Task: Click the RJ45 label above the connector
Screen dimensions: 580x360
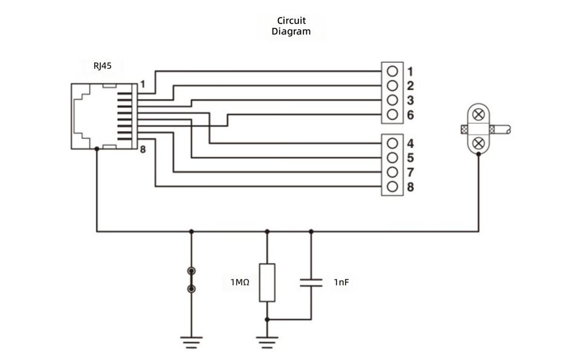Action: tap(102, 66)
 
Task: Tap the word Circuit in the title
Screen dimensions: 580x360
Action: tap(291, 21)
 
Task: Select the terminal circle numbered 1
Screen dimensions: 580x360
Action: tap(392, 71)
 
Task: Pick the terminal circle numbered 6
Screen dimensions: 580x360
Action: tap(392, 115)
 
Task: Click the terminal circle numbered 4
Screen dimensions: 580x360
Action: tap(392, 143)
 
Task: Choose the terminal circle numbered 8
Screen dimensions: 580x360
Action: tap(392, 187)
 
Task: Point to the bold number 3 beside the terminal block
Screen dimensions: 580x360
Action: tap(410, 100)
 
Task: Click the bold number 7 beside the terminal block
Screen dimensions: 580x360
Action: tap(410, 172)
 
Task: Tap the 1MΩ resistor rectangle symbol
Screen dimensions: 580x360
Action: tap(267, 283)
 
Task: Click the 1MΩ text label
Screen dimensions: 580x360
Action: tap(240, 282)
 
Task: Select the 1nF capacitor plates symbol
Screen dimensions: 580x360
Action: tap(311, 283)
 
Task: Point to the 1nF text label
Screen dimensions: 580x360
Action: tap(341, 282)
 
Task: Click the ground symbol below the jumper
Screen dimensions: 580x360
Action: tap(192, 342)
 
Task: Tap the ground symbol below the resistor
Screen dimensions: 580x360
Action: tap(267, 342)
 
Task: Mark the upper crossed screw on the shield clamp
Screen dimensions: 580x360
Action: tap(478, 115)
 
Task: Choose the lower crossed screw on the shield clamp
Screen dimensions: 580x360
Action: tap(478, 143)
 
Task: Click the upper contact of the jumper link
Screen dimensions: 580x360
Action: tap(192, 271)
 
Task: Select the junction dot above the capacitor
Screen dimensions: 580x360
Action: tap(311, 231)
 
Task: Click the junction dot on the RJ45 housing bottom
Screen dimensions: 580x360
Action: tap(97, 149)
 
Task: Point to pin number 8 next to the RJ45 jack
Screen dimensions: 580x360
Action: tap(143, 149)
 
